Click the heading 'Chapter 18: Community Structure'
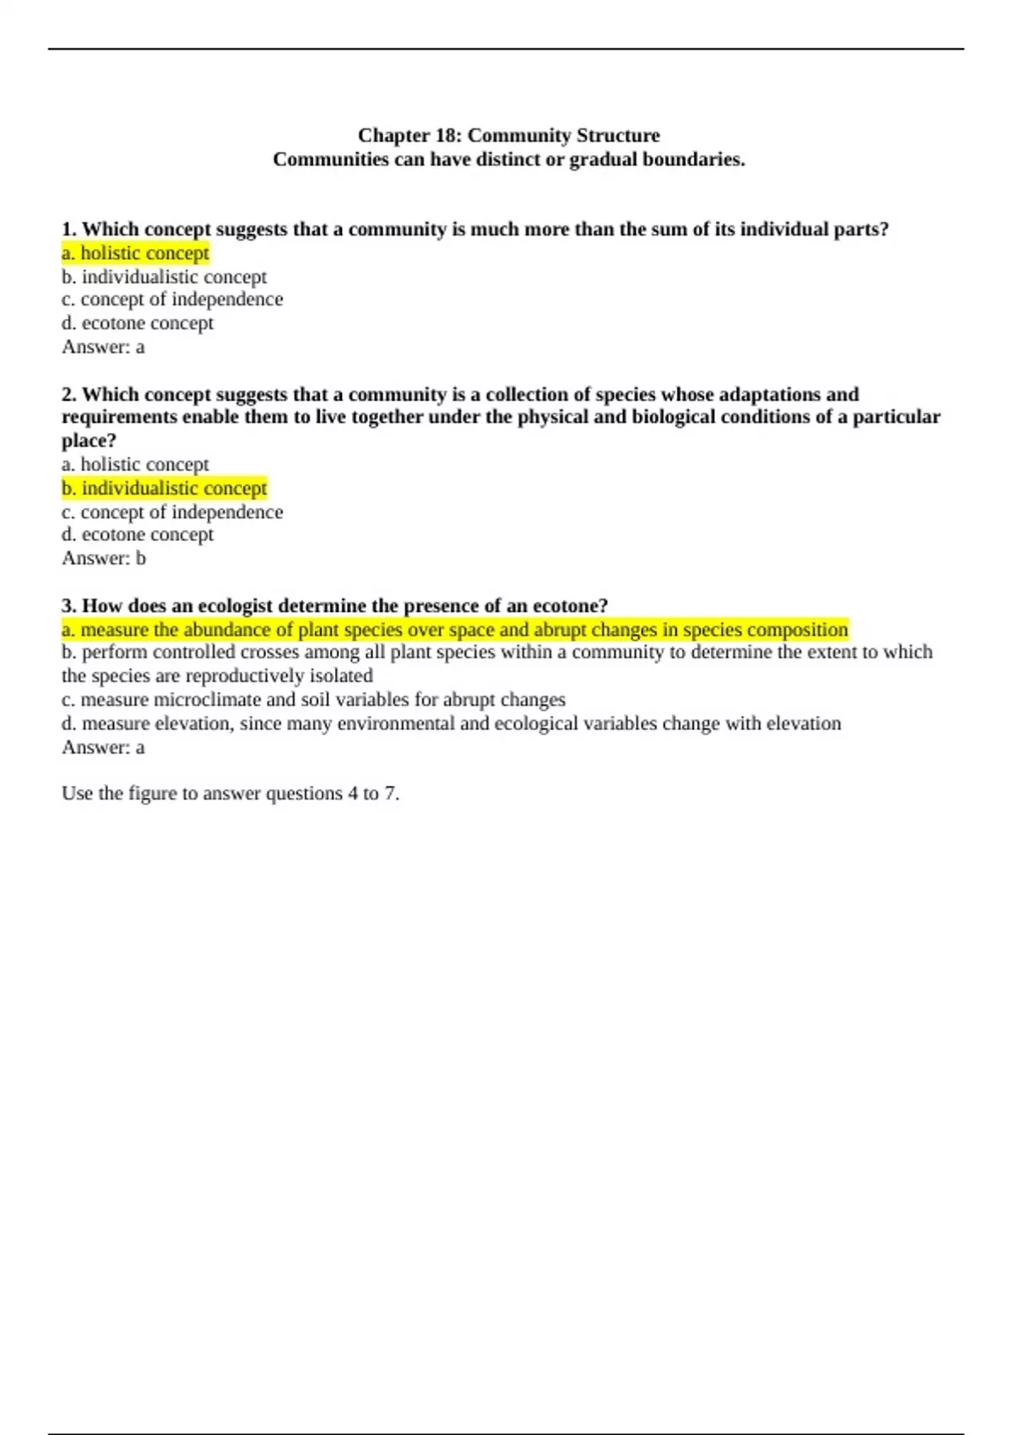point(508,135)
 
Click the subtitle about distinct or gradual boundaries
point(508,160)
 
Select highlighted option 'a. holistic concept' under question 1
point(135,253)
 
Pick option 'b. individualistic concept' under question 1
point(164,277)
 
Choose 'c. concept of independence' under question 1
point(172,300)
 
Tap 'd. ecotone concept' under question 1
point(138,323)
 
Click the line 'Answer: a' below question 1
point(103,347)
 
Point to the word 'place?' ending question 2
point(89,441)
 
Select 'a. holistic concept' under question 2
point(135,464)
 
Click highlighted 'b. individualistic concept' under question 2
point(164,488)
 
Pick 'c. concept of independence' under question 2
point(172,512)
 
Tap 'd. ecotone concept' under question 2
point(138,534)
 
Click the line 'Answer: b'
point(104,558)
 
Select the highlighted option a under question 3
point(454,630)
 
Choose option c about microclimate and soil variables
point(313,700)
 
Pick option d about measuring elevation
point(451,723)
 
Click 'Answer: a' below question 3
point(103,747)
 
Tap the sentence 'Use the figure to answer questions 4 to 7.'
point(230,793)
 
